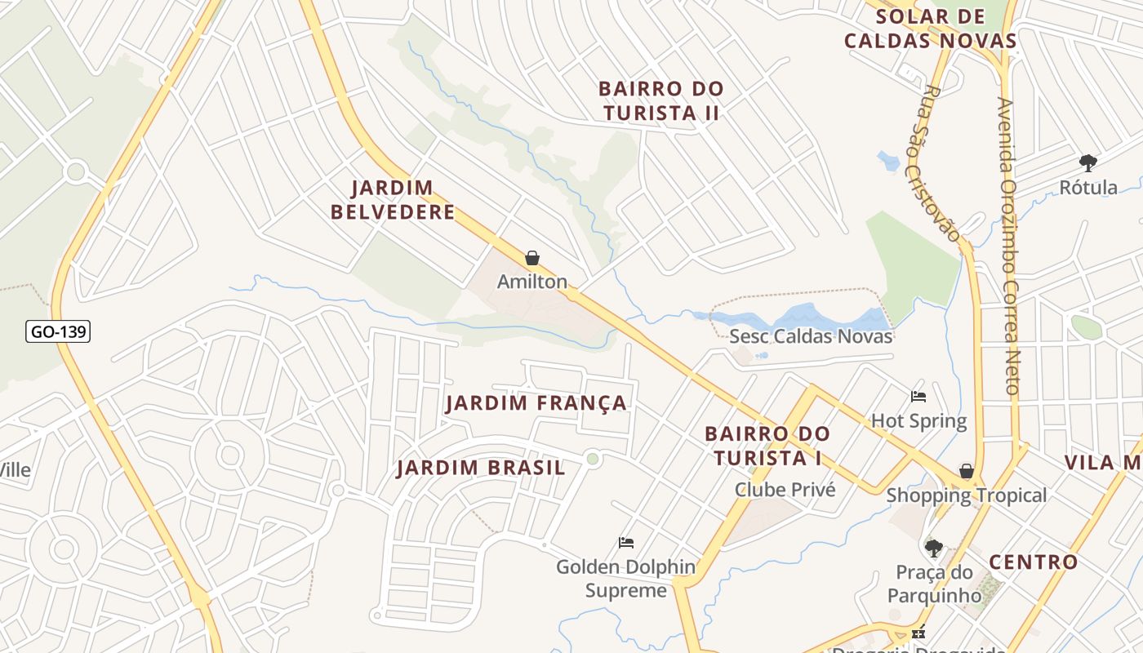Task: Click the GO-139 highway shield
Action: coord(58,331)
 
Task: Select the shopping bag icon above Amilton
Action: coord(532,259)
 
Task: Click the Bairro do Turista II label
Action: coord(660,100)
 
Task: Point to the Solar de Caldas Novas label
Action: coord(930,29)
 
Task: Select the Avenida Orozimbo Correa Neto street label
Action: coord(1009,245)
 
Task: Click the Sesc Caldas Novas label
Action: coord(811,336)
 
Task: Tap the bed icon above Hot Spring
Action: coord(918,398)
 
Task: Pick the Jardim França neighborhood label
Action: coord(536,403)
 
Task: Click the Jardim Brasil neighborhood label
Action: coord(481,468)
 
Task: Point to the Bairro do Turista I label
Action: coord(767,446)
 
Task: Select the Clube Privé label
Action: coord(785,490)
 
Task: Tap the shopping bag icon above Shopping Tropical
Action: coord(967,472)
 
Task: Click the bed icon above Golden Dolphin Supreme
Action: coord(626,543)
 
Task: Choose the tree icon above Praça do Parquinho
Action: coord(934,548)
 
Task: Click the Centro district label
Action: coord(1034,562)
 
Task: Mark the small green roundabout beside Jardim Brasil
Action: coord(593,460)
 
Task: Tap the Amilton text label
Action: coord(532,282)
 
